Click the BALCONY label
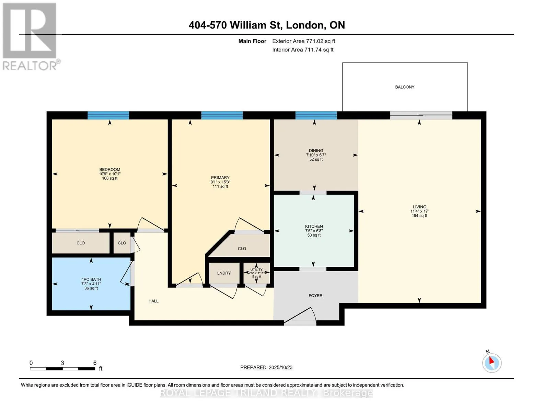click(x=405, y=87)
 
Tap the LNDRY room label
click(x=224, y=273)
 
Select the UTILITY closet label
click(x=256, y=270)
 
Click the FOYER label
click(x=315, y=296)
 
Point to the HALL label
click(x=153, y=301)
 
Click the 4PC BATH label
click(x=91, y=279)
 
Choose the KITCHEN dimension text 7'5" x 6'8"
click(x=314, y=231)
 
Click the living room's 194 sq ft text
click(x=419, y=216)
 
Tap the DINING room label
click(x=316, y=151)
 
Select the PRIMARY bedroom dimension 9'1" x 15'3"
click(x=220, y=182)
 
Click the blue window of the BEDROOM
click(x=108, y=115)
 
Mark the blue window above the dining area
click(x=316, y=115)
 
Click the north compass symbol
click(x=492, y=363)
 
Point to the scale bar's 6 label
click(x=95, y=363)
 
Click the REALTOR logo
click(x=30, y=36)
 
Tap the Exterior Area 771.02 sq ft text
click(x=303, y=41)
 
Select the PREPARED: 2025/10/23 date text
click(x=266, y=368)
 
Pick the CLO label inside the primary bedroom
click(x=242, y=249)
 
